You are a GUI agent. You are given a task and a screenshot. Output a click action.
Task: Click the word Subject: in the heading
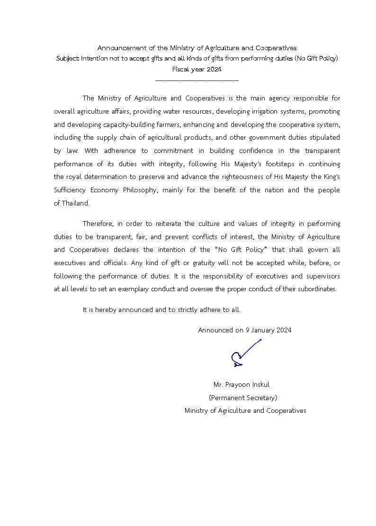tap(68, 59)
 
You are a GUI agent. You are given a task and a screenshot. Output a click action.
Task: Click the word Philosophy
tap(141, 190)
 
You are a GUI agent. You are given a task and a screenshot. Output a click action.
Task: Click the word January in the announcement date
tap(263, 330)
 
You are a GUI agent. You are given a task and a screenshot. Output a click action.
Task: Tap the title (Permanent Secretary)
tap(243, 398)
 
